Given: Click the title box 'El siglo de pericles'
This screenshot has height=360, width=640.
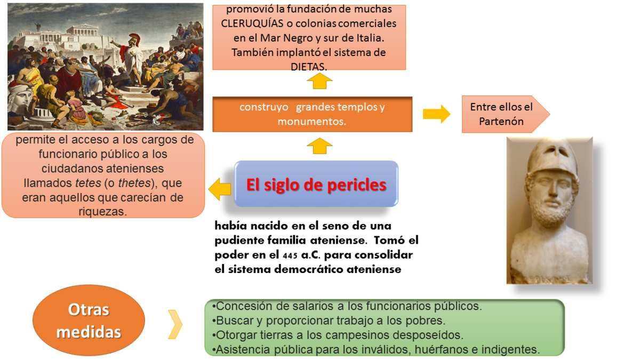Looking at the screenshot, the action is coord(316,183).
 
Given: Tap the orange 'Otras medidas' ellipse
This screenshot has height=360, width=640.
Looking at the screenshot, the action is coord(89,321).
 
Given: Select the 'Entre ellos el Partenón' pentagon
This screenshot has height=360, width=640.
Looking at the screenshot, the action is coord(506,114).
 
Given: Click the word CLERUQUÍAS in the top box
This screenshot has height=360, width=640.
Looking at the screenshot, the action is coord(252,23).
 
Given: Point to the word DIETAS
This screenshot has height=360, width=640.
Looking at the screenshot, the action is coord(309,67).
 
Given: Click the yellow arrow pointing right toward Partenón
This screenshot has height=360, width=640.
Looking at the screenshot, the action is coord(437,114).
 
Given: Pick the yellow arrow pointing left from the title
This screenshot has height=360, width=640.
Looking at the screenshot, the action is coord(219,189).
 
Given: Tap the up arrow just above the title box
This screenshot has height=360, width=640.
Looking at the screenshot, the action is coord(319,146).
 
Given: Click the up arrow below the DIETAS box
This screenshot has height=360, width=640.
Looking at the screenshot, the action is coord(319,81).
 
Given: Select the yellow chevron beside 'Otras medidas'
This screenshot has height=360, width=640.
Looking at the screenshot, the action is coord(175,324).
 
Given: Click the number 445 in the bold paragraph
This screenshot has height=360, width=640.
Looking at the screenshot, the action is coord(290,255).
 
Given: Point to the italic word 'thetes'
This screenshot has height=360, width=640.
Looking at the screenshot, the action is coord(134,183).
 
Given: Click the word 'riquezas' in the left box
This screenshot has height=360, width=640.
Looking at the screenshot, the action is coord(102,212).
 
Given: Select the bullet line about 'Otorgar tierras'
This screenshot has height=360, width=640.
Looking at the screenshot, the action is coord(338,335).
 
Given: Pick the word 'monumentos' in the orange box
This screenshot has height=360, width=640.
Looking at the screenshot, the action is coord(311,122).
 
